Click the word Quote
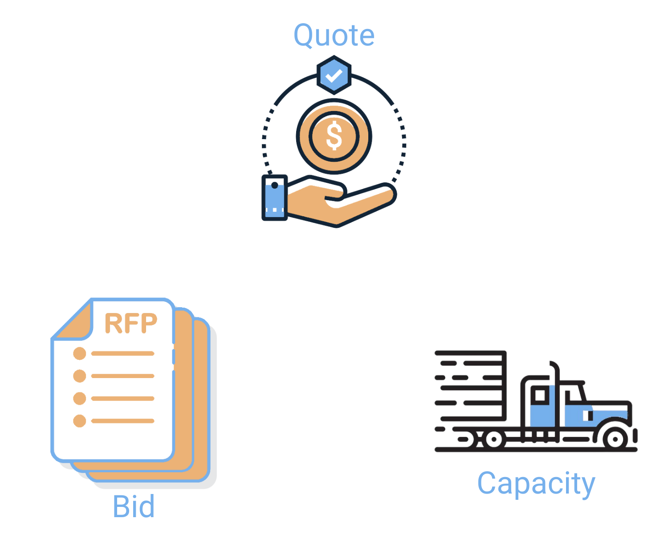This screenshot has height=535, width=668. tap(334, 36)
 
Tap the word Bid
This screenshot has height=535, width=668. tap(134, 506)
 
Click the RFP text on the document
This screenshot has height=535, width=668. tap(131, 324)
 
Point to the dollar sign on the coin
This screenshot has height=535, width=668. tap(334, 136)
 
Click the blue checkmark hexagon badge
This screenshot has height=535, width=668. tap(334, 75)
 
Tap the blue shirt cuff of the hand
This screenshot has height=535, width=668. tap(274, 198)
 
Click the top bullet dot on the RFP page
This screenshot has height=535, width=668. tap(80, 354)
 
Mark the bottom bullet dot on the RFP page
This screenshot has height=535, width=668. tap(80, 421)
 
